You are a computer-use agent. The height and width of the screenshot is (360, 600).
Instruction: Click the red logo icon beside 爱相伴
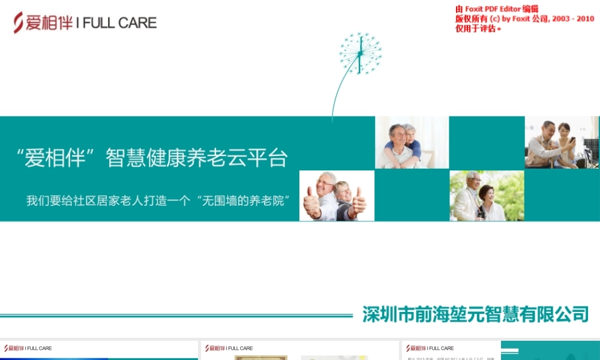[19, 22]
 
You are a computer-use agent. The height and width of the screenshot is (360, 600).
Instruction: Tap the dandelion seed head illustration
[360, 53]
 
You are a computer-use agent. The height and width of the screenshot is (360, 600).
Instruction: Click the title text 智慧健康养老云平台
[197, 158]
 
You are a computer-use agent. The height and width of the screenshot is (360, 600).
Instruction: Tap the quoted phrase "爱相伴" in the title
[57, 158]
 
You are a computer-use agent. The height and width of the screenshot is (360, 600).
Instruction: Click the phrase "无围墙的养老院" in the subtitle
[246, 200]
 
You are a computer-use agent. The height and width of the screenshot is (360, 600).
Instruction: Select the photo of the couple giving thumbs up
[337, 196]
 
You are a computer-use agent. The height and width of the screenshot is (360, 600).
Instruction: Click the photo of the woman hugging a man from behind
[412, 142]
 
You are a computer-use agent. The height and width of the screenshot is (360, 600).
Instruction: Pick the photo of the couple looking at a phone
[562, 142]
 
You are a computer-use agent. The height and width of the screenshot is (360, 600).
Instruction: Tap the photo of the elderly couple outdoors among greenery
[487, 196]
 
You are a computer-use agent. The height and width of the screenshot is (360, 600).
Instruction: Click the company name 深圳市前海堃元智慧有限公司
[475, 314]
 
